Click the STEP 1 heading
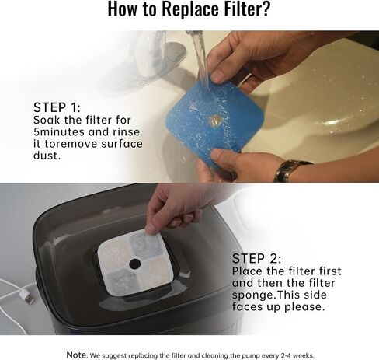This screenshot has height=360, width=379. pos(57,107)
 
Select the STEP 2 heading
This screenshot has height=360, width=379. pos(256,258)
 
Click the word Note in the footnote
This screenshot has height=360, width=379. pos(76,355)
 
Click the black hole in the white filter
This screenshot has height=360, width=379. pos(135,264)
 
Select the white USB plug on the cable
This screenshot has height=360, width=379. pos(27,297)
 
